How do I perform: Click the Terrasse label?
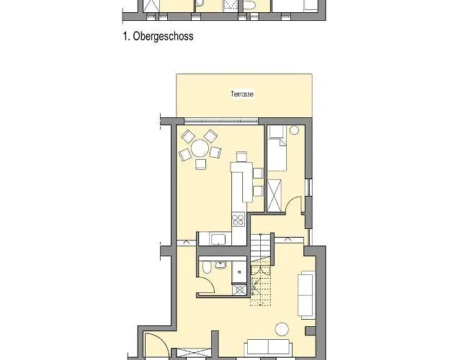242,94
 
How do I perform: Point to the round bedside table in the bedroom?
294,130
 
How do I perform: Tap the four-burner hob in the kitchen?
237,220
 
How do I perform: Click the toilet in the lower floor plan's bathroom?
207,269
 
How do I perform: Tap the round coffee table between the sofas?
282,328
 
